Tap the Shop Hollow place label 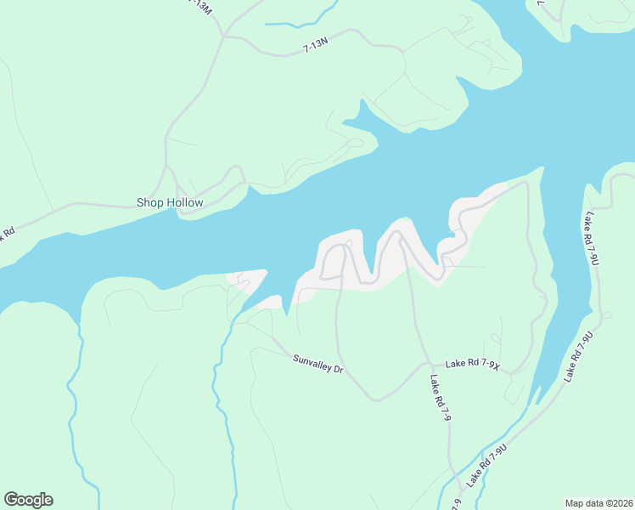tap(170, 202)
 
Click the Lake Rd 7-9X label tap(475, 365)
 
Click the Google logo tap(28, 500)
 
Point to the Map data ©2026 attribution tap(598, 502)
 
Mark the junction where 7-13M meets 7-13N tap(223, 37)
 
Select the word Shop tap(149, 202)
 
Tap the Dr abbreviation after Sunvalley tap(337, 371)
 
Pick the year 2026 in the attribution tap(620, 502)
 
